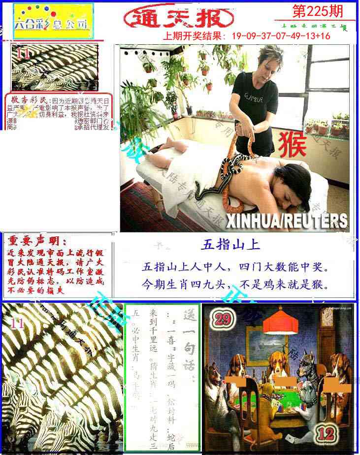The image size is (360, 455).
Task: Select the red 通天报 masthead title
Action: click(178, 18)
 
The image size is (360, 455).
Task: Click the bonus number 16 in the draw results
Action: click(325, 36)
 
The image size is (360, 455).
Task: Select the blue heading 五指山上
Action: click(230, 244)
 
